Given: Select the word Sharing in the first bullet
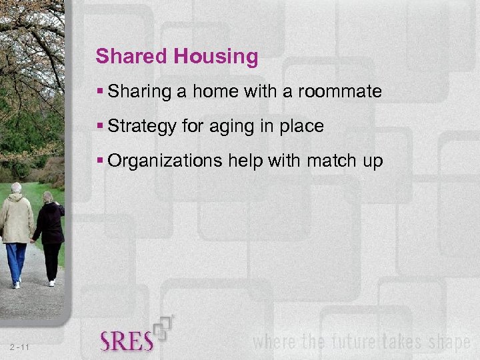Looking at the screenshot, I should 140,91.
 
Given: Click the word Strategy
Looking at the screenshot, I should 142,126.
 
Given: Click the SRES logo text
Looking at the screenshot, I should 127,341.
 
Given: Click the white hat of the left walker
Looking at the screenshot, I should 16,187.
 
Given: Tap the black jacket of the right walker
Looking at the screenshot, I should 50,224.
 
